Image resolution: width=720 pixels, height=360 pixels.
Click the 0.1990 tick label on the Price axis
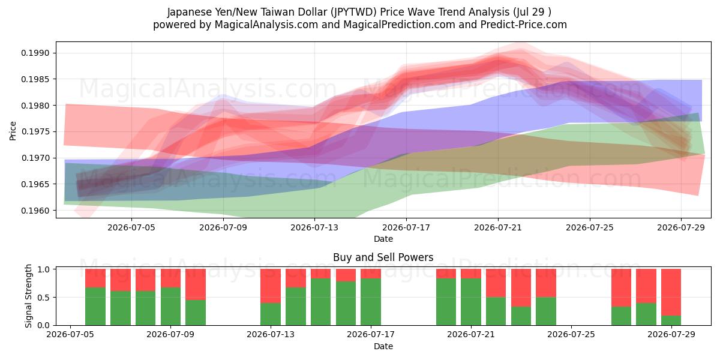[35, 53]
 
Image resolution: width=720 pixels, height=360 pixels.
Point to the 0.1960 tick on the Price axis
[35, 211]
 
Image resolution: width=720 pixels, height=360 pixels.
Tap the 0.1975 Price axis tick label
[35, 132]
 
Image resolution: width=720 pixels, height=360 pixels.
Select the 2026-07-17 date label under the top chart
[406, 227]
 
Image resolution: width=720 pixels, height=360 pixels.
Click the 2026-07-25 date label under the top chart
[589, 227]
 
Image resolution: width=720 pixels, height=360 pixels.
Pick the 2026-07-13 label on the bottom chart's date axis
[271, 334]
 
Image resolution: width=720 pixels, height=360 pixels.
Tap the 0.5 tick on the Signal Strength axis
[44, 298]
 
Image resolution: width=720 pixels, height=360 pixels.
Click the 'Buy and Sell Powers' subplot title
[383, 257]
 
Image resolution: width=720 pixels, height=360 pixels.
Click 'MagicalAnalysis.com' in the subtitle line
[266, 25]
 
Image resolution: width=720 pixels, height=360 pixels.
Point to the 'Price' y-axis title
[13, 131]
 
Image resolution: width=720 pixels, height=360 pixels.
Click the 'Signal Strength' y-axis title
[29, 296]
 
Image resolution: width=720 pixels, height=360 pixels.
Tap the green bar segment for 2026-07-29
[671, 320]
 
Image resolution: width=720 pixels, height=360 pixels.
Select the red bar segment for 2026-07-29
[671, 293]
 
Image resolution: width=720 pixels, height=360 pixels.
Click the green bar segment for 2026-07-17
[371, 302]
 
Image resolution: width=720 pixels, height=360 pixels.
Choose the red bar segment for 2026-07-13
[271, 286]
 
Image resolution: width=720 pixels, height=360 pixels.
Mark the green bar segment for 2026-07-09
[170, 307]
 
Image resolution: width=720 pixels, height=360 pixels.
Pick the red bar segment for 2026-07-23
[521, 287]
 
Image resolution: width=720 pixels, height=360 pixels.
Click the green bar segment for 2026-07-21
[471, 302]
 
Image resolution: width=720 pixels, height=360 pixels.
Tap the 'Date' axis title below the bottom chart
[383, 347]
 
